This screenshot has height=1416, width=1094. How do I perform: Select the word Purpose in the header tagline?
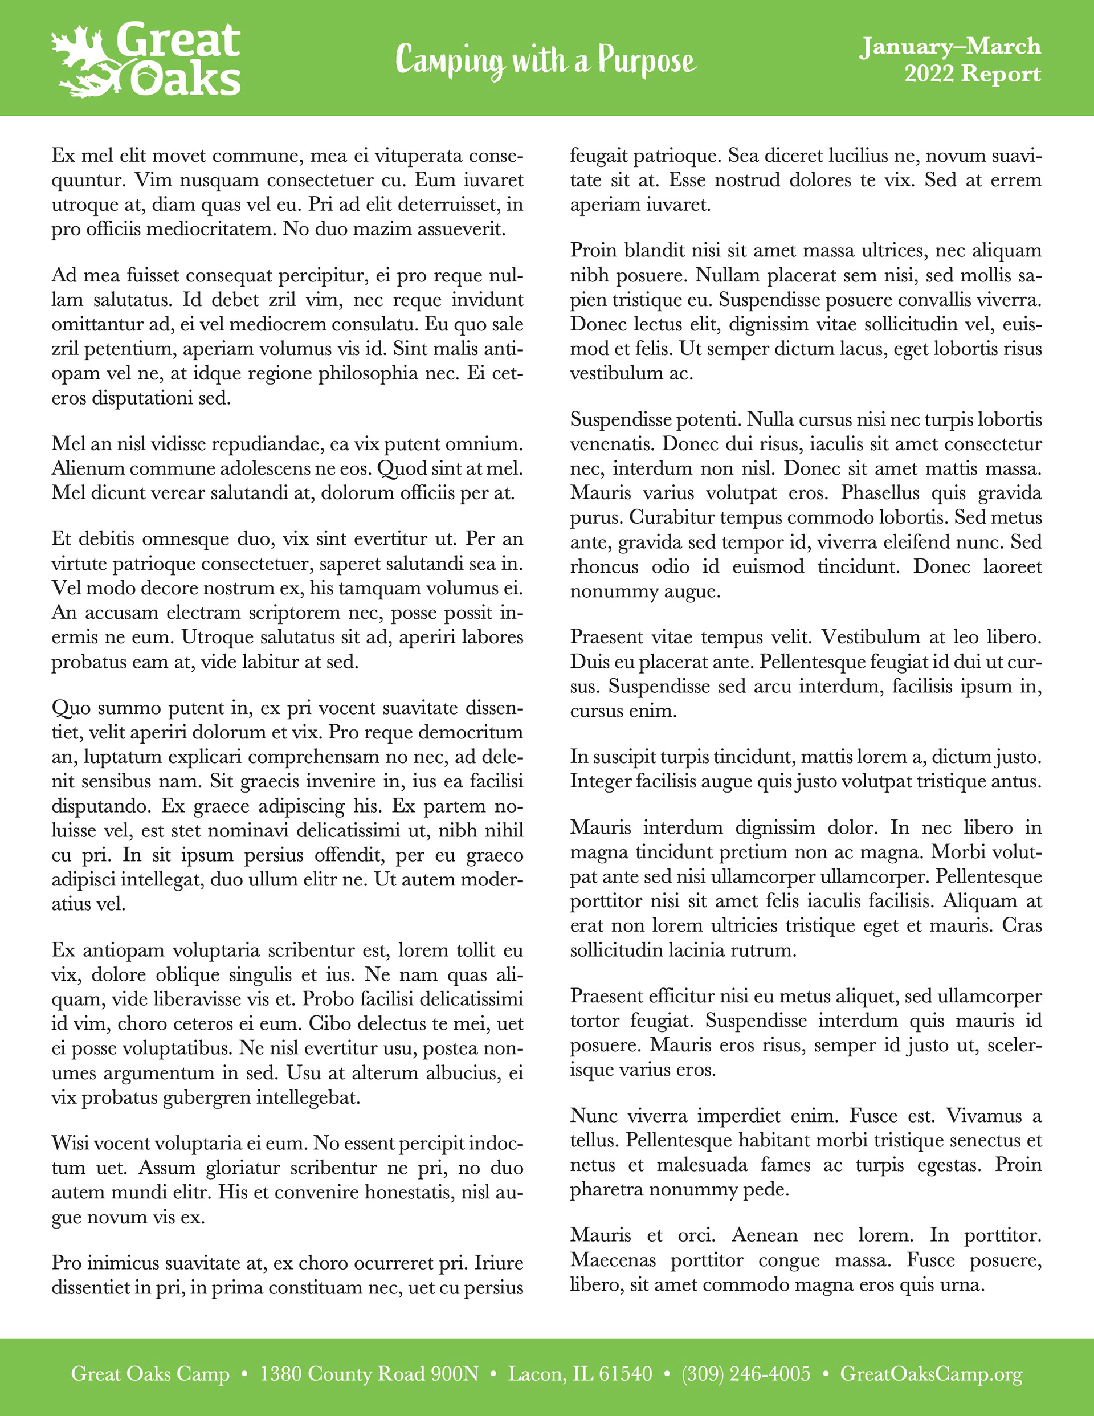647,61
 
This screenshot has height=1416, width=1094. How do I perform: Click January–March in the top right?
950,46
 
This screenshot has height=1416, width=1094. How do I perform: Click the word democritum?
470,732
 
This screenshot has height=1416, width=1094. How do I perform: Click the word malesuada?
701,1165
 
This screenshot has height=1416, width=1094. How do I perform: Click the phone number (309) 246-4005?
745,1374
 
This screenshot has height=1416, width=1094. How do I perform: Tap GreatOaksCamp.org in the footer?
930,1374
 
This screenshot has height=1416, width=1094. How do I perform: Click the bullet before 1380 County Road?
244,1374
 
